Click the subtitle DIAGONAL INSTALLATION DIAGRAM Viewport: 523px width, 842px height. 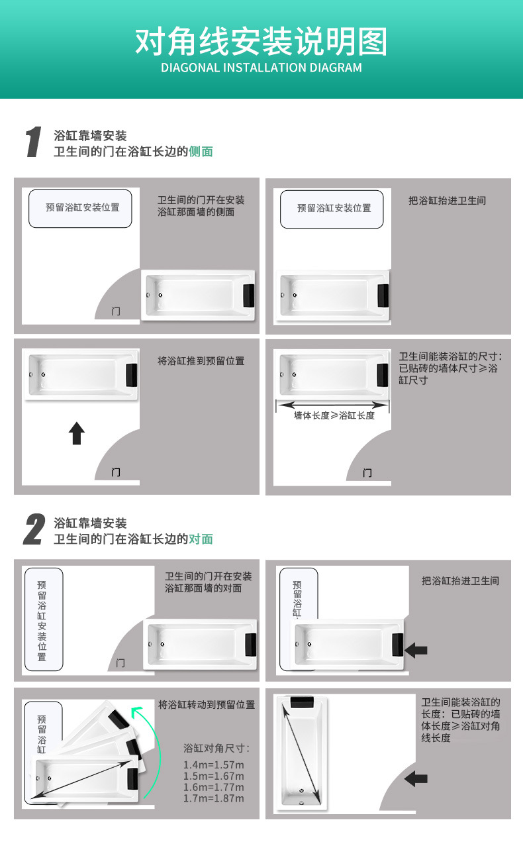coord(261,68)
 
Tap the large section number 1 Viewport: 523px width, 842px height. coord(33,142)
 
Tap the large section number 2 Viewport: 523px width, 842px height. coord(34,530)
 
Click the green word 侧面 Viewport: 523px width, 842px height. coord(201,152)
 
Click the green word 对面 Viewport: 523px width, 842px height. coord(201,539)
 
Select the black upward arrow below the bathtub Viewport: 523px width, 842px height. coord(77,434)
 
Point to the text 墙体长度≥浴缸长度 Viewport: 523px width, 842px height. coord(334,415)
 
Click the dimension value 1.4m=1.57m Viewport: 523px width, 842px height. coord(213,765)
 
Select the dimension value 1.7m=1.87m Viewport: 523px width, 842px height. coord(213,798)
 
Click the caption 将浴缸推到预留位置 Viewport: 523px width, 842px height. coord(201,361)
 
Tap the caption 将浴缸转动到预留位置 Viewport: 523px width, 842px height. coord(207,705)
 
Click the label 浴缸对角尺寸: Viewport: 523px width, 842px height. coord(216,749)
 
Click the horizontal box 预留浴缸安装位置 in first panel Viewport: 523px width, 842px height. coord(82,208)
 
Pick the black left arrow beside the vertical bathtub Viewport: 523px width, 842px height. coord(416,778)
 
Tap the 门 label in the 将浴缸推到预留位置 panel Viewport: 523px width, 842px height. coord(116,472)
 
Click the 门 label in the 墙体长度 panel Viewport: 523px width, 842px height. coord(367,472)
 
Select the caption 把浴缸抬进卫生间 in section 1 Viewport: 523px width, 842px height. coord(448,200)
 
